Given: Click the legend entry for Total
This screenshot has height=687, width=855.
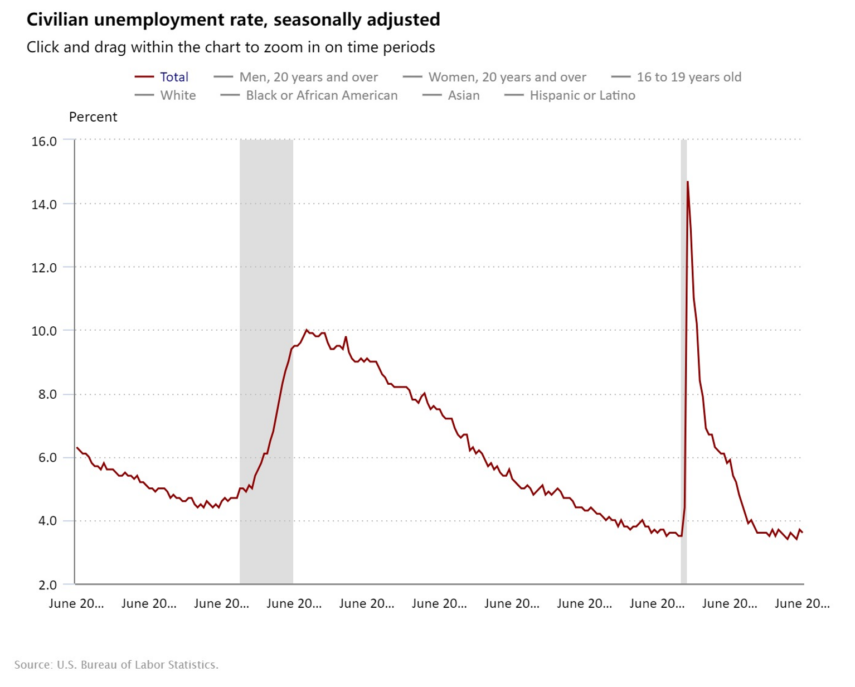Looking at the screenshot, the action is [161, 77].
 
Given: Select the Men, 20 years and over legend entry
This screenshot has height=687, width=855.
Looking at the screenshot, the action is [295, 77].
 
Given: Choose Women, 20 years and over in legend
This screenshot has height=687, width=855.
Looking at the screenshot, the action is [494, 77].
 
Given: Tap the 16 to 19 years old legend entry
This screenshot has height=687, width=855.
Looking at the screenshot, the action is [676, 77].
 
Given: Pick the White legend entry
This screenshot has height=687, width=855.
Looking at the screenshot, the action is [166, 95].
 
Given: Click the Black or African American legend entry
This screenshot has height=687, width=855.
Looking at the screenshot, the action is [309, 95].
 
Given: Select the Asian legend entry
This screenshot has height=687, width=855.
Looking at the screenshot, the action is [451, 95].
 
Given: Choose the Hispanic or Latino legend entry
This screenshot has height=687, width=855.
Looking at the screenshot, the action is [570, 95].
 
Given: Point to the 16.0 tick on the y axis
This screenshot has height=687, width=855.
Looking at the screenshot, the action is [44, 141].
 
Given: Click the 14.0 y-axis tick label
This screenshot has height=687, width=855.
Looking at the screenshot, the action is [44, 204].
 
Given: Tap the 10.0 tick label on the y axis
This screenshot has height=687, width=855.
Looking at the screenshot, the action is [44, 331].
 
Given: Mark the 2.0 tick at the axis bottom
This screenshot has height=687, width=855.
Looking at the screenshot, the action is [48, 585].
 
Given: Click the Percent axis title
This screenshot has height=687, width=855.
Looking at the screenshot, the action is [93, 117].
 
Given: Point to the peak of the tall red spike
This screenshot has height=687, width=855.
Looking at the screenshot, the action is [687, 182].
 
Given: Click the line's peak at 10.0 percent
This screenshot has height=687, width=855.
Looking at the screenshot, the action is [307, 330].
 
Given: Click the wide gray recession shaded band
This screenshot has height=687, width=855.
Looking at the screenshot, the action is [266, 362].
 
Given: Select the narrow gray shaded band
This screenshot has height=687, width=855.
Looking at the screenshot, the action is [684, 362].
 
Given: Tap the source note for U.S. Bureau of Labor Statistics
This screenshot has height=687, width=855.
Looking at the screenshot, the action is [116, 665].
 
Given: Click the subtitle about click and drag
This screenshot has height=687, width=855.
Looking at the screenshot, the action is [231, 47].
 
